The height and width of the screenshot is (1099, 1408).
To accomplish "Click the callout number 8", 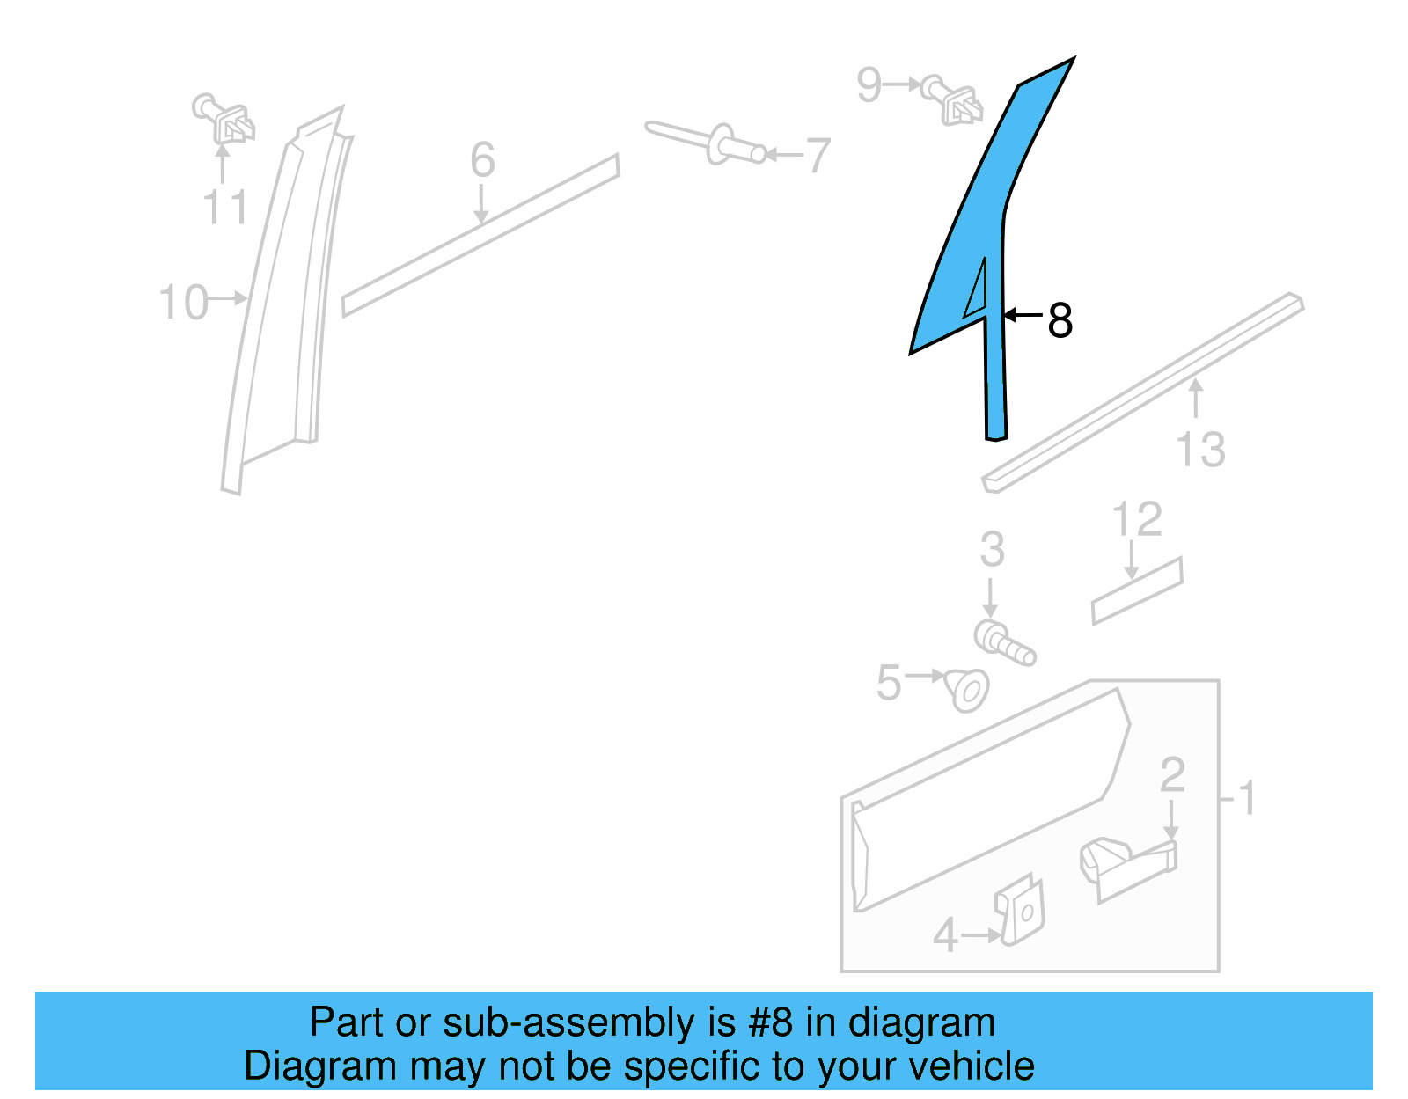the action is [x=1060, y=320].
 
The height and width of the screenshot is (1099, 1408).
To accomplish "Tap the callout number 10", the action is [x=183, y=302].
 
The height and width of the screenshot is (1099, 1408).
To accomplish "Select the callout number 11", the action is [x=225, y=208].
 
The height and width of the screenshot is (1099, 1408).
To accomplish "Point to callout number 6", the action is [x=482, y=160].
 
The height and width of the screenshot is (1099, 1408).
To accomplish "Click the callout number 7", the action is [x=818, y=156].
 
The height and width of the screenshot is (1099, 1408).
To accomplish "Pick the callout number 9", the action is [x=869, y=85].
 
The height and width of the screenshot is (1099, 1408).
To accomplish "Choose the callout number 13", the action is [x=1200, y=449].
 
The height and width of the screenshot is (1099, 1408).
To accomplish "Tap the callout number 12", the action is [x=1137, y=519].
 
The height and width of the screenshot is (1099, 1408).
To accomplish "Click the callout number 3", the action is [x=992, y=550].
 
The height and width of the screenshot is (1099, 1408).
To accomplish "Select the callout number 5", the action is [x=889, y=683].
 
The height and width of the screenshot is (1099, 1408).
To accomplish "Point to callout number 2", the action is [x=1172, y=775].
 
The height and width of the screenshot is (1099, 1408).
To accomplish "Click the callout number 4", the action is [x=945, y=935].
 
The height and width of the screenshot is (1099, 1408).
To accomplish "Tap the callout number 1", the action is [x=1246, y=798].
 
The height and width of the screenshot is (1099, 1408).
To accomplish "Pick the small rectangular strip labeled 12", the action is [x=1137, y=591].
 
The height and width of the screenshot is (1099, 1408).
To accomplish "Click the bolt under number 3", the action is [x=1004, y=643].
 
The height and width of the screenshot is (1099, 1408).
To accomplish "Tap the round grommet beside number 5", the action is [x=967, y=690].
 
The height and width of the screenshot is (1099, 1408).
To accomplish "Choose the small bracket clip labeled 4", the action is [x=1021, y=912].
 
